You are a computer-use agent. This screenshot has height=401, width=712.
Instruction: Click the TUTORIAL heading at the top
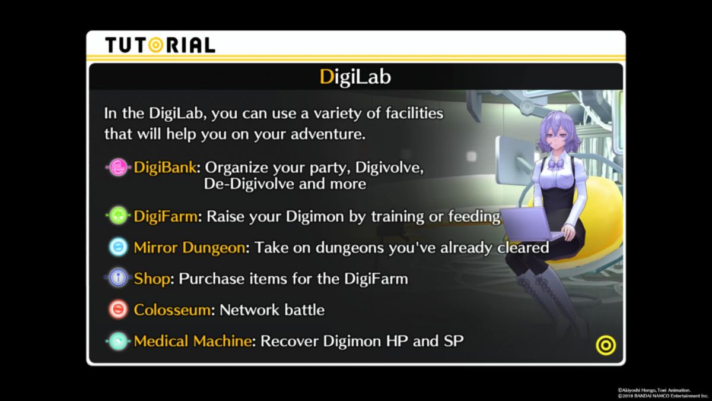click(160, 45)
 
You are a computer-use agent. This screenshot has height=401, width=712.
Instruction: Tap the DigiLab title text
click(355, 77)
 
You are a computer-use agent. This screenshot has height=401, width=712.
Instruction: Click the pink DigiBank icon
click(118, 167)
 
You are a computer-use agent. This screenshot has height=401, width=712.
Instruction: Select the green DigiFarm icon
click(118, 216)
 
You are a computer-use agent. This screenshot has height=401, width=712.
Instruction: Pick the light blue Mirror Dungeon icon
click(118, 247)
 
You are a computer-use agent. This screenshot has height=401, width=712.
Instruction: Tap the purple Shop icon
click(118, 278)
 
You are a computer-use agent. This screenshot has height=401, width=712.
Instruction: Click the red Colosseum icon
click(118, 309)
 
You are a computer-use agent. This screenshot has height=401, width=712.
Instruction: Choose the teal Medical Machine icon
click(118, 341)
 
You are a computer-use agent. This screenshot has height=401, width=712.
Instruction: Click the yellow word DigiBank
click(165, 167)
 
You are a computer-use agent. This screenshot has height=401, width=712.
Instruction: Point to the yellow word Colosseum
click(172, 310)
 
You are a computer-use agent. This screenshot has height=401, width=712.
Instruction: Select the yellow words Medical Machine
click(193, 341)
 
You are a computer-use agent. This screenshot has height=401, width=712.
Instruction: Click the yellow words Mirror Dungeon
click(189, 248)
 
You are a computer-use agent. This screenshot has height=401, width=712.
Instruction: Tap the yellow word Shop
click(152, 279)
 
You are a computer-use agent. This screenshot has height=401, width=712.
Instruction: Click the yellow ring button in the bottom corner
click(606, 345)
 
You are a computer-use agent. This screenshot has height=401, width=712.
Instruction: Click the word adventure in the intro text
click(328, 134)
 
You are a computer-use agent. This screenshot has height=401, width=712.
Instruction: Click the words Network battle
click(272, 310)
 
